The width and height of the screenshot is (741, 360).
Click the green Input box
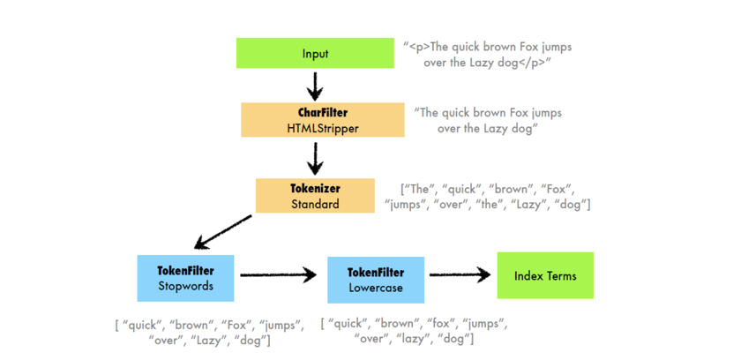315,53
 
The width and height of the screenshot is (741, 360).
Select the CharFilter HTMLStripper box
323,120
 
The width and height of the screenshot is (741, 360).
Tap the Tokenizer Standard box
316,196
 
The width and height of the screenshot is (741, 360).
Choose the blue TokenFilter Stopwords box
186,278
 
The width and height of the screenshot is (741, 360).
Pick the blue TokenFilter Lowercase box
377,280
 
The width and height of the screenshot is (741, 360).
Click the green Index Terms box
545,275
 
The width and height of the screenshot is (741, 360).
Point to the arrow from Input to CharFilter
315,85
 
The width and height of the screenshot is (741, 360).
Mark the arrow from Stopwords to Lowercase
277,275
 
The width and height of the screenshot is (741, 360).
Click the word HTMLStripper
323,128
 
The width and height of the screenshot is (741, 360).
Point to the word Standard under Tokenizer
316,204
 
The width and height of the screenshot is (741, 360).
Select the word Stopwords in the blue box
186,286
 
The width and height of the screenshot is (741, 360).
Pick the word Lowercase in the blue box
377,288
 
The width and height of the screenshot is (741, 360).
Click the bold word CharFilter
323,112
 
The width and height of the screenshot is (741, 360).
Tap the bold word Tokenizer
316,188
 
